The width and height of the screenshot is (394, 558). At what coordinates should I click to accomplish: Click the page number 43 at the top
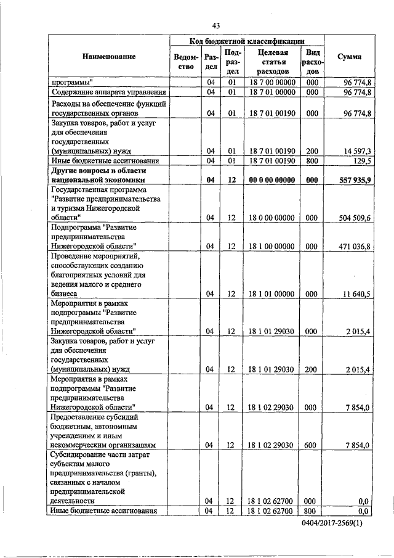coord(215,25)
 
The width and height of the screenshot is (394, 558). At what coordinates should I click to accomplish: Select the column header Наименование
coord(108,57)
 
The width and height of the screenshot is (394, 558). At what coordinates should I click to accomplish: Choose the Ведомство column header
coord(185,62)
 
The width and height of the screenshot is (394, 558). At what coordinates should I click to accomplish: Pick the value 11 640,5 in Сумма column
coord(351,294)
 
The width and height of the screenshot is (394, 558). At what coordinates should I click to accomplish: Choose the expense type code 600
coord(312,444)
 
